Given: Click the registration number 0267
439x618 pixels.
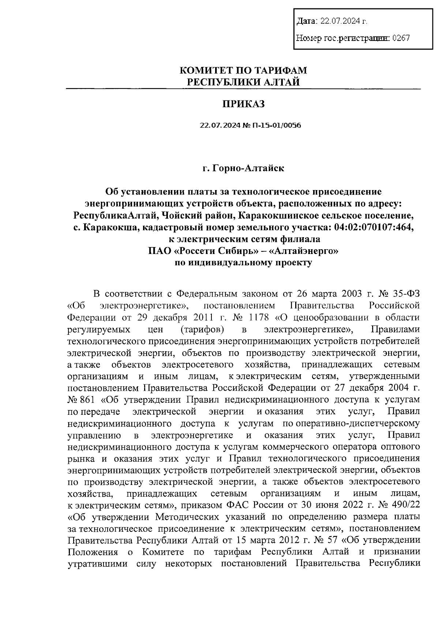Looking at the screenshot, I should click(x=401, y=38).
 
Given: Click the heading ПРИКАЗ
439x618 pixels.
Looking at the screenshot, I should click(x=243, y=104).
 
